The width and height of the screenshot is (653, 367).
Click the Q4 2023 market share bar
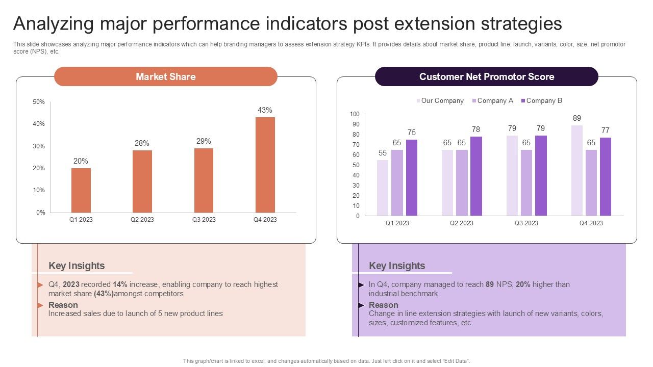265,165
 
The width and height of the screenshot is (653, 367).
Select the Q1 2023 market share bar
81,190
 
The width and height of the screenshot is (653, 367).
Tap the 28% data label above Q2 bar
142,143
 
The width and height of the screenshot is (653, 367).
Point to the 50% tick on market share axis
39,102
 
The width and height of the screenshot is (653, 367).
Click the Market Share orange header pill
165,76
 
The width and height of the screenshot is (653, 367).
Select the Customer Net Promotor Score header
486,76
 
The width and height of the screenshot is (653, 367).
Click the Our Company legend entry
440,101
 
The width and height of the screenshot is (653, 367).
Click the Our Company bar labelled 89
577,170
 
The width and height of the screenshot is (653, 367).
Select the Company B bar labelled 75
412,177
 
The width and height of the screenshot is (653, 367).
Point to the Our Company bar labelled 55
383,188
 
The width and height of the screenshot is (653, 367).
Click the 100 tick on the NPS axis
354,114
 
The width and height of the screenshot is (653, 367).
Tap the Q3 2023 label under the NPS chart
526,223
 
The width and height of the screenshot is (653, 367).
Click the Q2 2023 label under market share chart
142,220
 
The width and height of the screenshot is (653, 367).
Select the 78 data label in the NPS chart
476,129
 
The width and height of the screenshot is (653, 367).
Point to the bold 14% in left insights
120,284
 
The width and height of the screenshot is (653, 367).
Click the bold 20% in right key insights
523,284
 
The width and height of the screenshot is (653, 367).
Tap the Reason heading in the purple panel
384,305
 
